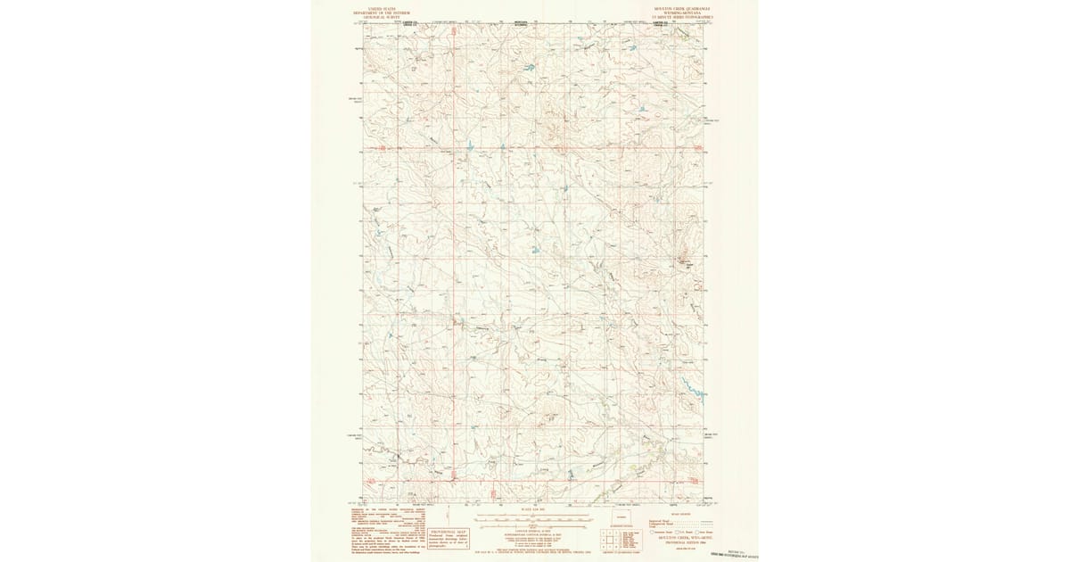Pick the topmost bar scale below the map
532,515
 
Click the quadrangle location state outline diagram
621,517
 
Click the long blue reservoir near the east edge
693,389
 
